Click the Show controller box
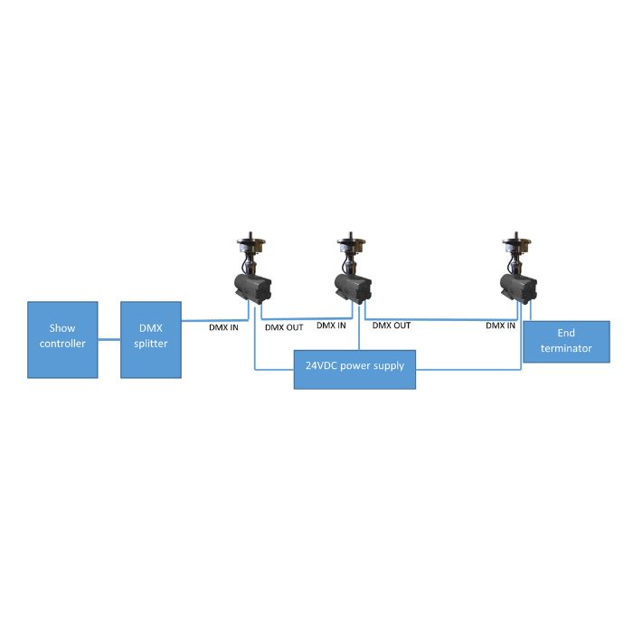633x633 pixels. (62, 339)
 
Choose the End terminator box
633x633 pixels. (566, 341)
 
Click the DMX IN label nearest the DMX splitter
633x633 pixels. (223, 327)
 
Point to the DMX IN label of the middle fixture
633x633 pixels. (332, 325)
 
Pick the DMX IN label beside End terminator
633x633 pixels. (500, 325)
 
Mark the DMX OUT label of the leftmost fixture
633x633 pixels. (284, 327)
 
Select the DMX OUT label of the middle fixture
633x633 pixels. (392, 325)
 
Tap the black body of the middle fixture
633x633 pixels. (353, 288)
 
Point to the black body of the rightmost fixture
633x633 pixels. (518, 287)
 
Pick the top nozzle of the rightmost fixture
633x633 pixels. (518, 241)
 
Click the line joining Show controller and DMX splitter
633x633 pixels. (109, 339)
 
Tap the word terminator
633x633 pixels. (566, 348)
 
